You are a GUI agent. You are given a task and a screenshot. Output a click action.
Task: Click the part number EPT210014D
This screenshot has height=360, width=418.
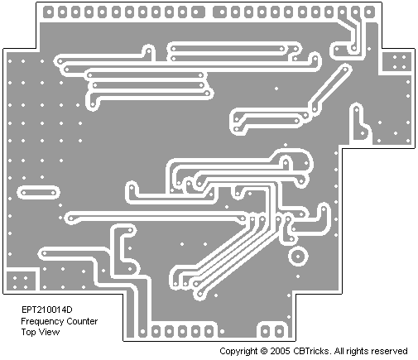pyautogui.click(x=47, y=310)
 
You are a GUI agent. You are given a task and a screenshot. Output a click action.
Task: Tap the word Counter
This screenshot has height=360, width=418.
pyautogui.click(x=82, y=321)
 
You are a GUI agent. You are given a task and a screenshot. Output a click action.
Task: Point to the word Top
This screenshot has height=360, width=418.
pyautogui.click(x=26, y=332)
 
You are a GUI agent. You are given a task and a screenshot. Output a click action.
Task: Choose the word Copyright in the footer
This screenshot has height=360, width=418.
pyautogui.click(x=238, y=352)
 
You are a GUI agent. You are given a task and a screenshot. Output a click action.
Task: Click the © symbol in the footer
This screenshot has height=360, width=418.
pyautogui.click(x=264, y=351)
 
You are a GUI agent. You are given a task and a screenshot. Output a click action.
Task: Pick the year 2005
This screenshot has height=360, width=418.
pyautogui.click(x=280, y=351)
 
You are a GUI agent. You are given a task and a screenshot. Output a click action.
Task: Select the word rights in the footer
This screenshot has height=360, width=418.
pyautogui.click(x=357, y=352)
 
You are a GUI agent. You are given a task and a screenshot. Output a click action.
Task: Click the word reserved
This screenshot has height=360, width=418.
pyautogui.click(x=389, y=351)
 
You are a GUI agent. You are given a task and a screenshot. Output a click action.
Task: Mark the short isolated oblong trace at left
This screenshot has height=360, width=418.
pyautogui.click(x=38, y=193)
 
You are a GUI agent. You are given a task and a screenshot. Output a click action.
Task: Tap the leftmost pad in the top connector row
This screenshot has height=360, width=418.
pyautogui.click(x=48, y=12)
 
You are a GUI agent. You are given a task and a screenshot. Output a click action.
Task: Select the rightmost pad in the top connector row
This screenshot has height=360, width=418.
pyautogui.click(x=368, y=12)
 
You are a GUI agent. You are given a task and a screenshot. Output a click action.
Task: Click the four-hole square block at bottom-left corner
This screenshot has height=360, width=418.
pyautogui.click(x=21, y=281)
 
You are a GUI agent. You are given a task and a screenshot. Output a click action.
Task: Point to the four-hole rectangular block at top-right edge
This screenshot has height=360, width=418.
pyautogui.click(x=397, y=62)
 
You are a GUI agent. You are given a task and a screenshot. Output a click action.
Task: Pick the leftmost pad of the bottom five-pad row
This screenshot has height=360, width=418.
pyautogui.click(x=156, y=331)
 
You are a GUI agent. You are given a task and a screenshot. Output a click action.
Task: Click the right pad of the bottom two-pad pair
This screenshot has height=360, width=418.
pyautogui.click(x=279, y=331)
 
